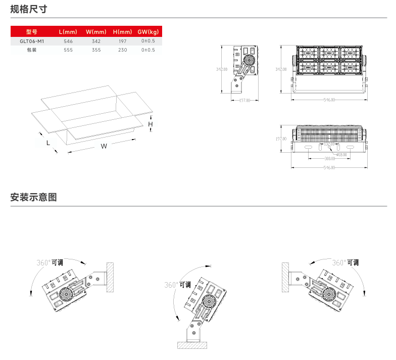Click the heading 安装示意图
[x=33, y=197]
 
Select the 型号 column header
[x=32, y=32]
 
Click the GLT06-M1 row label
[x=32, y=41]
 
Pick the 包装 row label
[x=32, y=50]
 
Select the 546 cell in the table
[x=69, y=41]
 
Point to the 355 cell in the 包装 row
[x=96, y=50]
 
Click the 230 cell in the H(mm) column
[x=122, y=50]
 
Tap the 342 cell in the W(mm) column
[x=96, y=41]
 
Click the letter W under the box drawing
[x=104, y=146]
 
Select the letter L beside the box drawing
[x=48, y=143]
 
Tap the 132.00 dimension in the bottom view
[x=329, y=144]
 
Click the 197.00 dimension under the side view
[x=244, y=100]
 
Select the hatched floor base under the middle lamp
[x=194, y=345]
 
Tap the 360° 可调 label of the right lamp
[x=345, y=262]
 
